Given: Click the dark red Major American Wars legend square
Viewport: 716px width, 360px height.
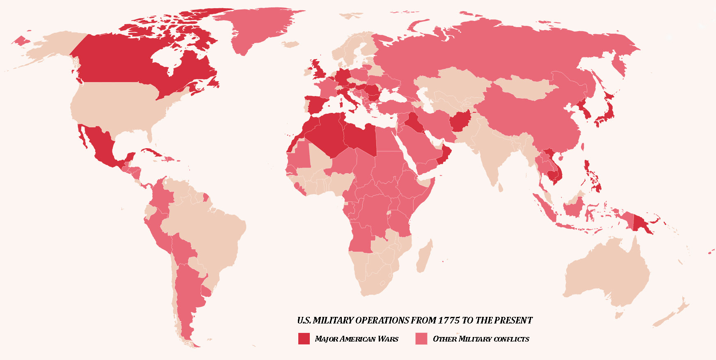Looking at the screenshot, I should (x=304, y=338).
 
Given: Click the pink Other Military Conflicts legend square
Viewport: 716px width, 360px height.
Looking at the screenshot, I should (x=421, y=338).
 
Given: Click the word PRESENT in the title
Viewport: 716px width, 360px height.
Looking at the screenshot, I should (x=513, y=321).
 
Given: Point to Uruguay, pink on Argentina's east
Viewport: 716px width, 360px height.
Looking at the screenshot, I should (x=206, y=291).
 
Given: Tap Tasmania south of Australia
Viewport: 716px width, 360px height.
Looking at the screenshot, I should (x=620, y=315).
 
